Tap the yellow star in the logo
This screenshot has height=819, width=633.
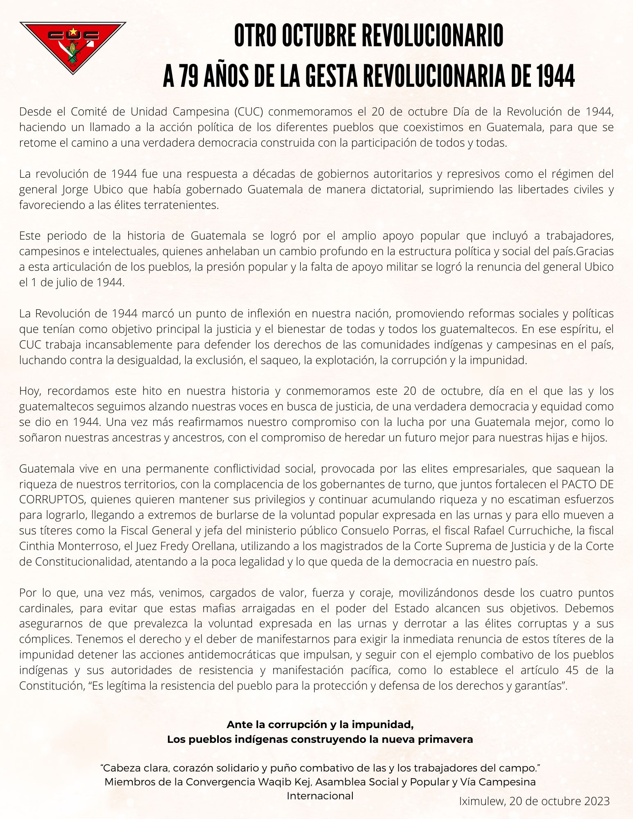pos(73,32)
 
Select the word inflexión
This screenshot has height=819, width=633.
pos(277,314)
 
